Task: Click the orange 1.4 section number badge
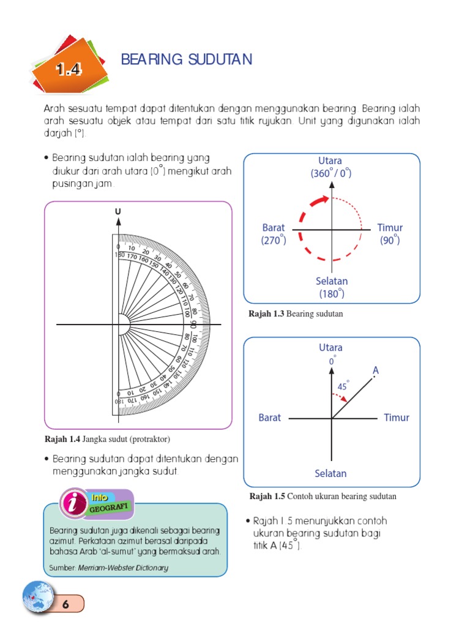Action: (69, 69)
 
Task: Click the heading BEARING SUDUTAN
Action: (187, 59)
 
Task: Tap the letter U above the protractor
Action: (118, 212)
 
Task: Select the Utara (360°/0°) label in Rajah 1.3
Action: (331, 167)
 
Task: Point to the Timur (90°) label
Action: (390, 233)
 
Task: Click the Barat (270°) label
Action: (274, 233)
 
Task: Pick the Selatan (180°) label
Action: (332, 287)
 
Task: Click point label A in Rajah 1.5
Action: (376, 370)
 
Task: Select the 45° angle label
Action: (343, 387)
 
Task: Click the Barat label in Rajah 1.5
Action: (269, 418)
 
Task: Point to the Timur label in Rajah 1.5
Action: (396, 418)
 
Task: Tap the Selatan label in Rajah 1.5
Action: (330, 473)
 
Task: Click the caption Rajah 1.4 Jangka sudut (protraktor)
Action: (107, 440)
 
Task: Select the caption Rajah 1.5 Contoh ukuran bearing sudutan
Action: (323, 497)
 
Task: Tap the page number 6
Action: (64, 604)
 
